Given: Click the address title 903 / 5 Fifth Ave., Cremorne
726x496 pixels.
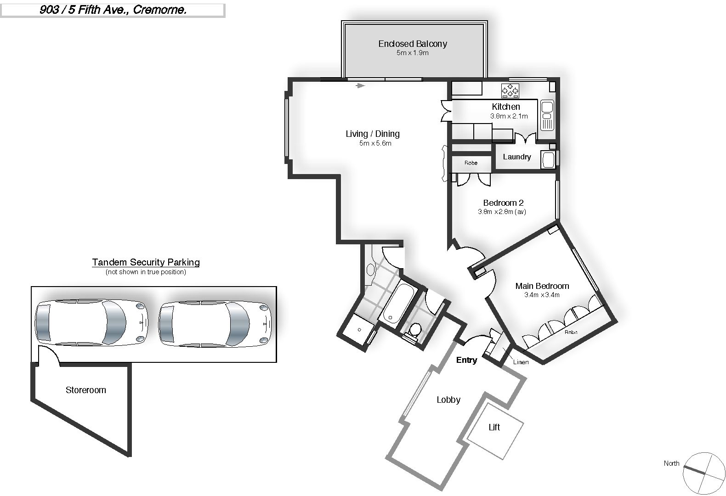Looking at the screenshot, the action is (113, 10).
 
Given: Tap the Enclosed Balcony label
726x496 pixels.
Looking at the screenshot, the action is (413, 44).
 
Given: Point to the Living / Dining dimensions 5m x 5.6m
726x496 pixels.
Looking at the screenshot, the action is (375, 143).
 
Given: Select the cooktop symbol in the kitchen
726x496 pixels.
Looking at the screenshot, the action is (510, 90).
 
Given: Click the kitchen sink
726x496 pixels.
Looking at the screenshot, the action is (547, 115).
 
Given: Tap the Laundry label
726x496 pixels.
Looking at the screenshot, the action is (517, 157).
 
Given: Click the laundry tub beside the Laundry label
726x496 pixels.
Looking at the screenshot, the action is (548, 160).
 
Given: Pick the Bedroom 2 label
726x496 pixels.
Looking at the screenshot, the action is (503, 203).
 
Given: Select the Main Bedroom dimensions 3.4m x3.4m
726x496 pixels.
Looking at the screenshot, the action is (542, 295).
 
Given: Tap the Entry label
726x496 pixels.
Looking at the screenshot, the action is (466, 360).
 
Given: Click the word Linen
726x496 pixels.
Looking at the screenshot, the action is (521, 362).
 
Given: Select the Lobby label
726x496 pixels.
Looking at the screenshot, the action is (448, 400).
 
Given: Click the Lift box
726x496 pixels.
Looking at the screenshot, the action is (494, 431).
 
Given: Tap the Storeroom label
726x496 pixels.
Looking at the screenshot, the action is (85, 390).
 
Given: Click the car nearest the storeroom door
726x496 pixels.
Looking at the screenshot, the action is (91, 322).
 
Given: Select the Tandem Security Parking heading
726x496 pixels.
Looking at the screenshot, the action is (146, 262).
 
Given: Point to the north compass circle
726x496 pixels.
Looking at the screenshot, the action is (704, 473).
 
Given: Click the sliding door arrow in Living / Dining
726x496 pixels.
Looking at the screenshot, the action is (360, 86).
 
